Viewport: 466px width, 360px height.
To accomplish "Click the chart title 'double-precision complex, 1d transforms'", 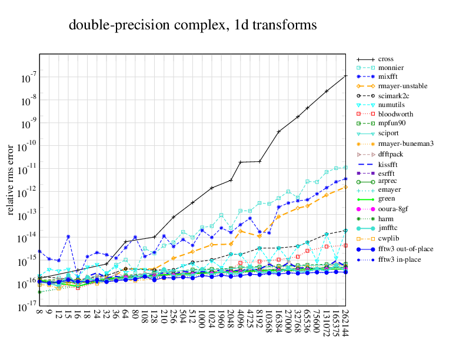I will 192,25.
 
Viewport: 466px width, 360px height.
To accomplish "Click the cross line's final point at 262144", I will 345,76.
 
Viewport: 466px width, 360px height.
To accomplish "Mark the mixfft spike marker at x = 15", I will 68,236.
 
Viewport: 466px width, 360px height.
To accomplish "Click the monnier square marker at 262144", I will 345,167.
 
